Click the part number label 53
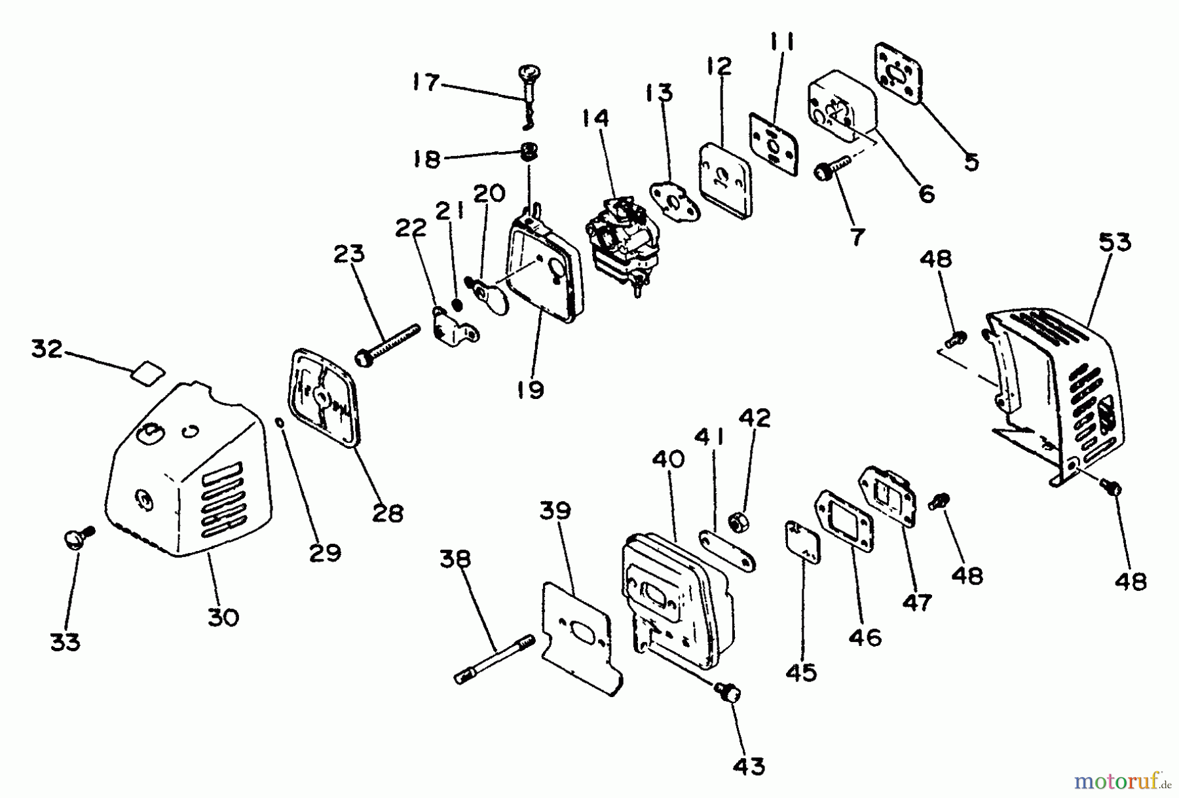[1115, 242]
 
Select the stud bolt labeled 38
[496, 656]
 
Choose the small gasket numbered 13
[675, 200]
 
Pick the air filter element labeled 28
[326, 397]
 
